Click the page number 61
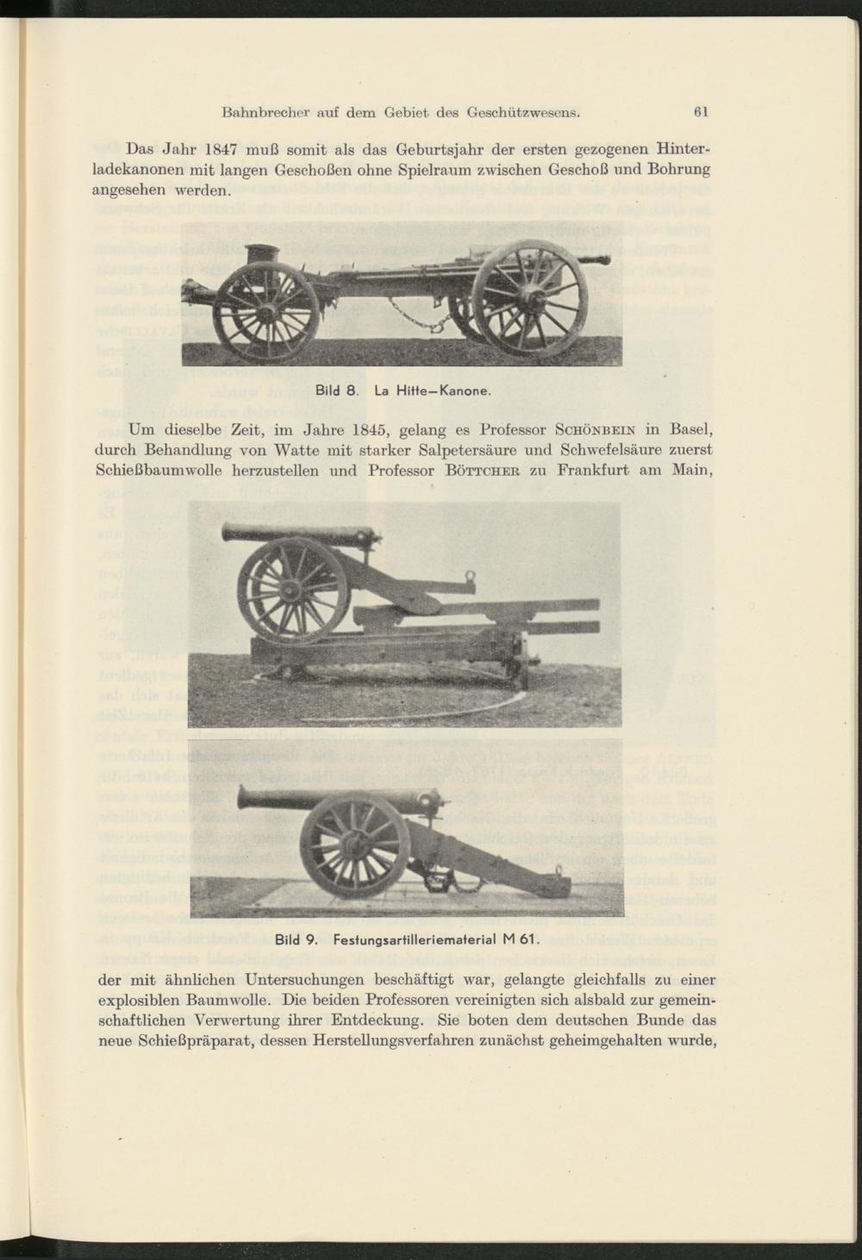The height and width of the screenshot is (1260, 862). pyautogui.click(x=701, y=112)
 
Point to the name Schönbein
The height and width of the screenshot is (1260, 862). pyautogui.click(x=590, y=429)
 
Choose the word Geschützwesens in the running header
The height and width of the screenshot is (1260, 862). pyautogui.click(x=523, y=112)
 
